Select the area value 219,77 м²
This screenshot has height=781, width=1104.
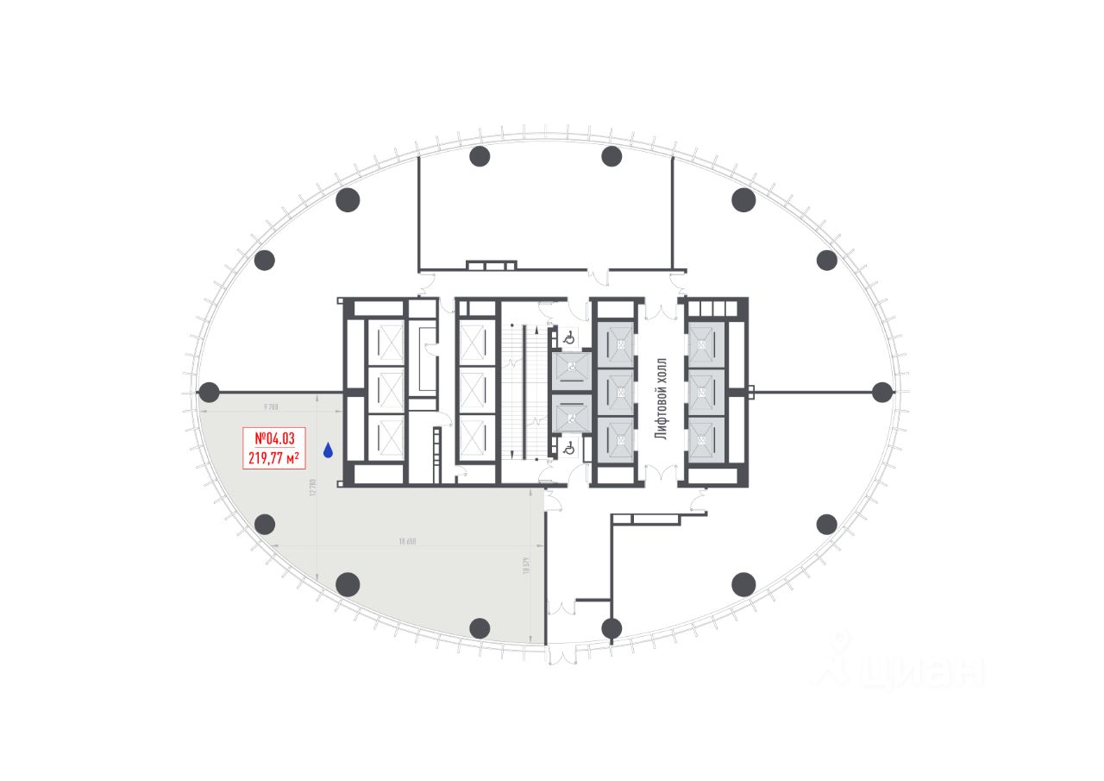(x=273, y=457)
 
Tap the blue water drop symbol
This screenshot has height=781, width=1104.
(x=328, y=450)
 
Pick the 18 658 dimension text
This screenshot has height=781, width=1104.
(x=408, y=542)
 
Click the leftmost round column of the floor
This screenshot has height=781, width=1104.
(x=209, y=392)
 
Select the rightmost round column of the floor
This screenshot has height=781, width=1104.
(x=881, y=392)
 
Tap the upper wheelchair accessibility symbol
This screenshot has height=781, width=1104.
(x=567, y=338)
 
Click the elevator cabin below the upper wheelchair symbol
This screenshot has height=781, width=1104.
(x=570, y=368)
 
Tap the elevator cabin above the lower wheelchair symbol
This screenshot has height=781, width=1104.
(x=570, y=418)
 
